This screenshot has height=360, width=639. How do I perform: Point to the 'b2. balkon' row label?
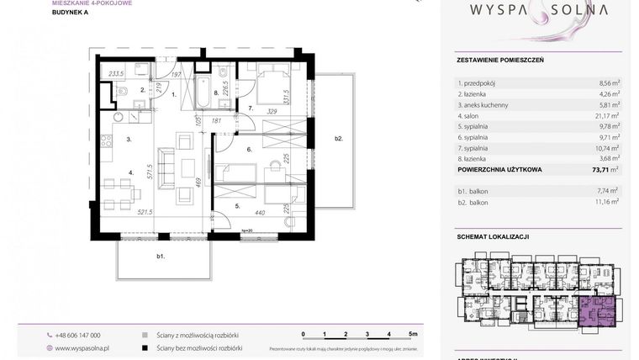pos(473,202)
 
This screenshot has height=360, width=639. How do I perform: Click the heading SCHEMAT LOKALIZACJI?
pos(493,236)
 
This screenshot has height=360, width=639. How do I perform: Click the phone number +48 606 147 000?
pos(77,334)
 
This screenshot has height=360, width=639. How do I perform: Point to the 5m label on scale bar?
pos(413,334)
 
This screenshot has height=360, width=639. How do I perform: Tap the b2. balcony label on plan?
pos(338,138)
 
